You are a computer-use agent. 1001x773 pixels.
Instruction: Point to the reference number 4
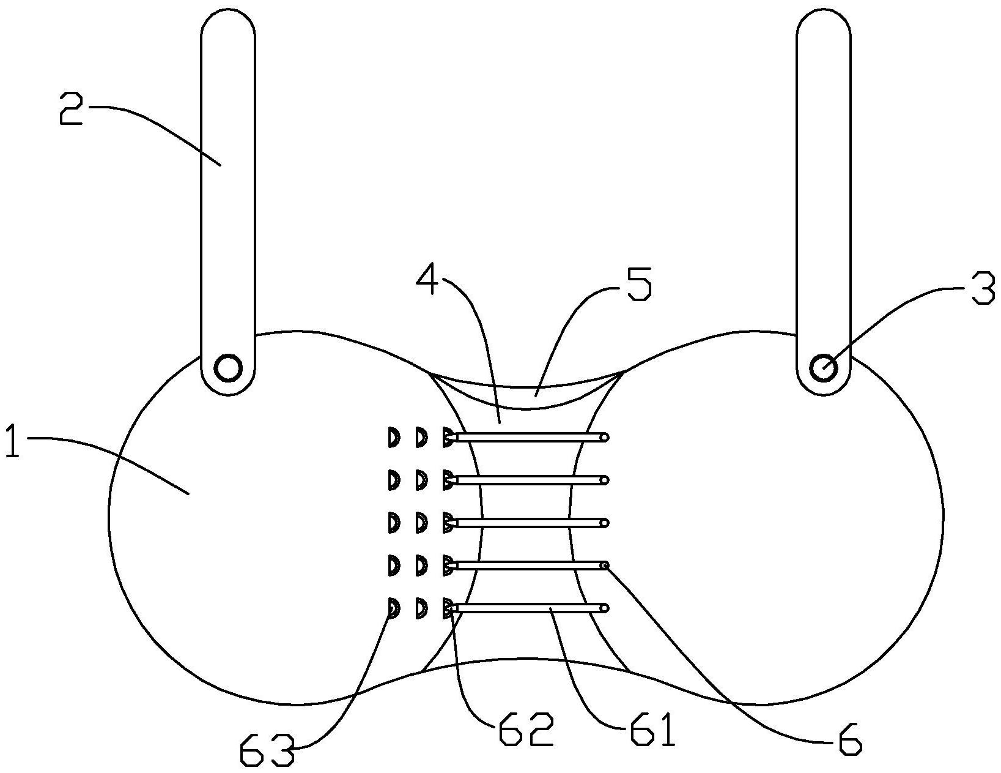430,282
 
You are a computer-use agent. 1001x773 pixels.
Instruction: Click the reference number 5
638,284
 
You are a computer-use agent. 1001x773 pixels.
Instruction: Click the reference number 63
267,750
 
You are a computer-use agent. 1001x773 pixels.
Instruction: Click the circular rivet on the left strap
227,368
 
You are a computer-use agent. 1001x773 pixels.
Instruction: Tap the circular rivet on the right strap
823,368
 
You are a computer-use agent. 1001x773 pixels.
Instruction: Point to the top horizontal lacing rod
529,438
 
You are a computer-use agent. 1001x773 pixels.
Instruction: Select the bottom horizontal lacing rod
529,608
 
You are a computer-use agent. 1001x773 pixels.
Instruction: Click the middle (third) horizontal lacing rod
529,523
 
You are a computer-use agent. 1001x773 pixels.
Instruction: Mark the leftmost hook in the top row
393,438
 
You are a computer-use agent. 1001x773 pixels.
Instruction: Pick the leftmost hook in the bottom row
393,608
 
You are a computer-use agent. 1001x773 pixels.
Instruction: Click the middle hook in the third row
420,523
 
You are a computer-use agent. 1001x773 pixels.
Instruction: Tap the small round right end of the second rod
604,480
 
